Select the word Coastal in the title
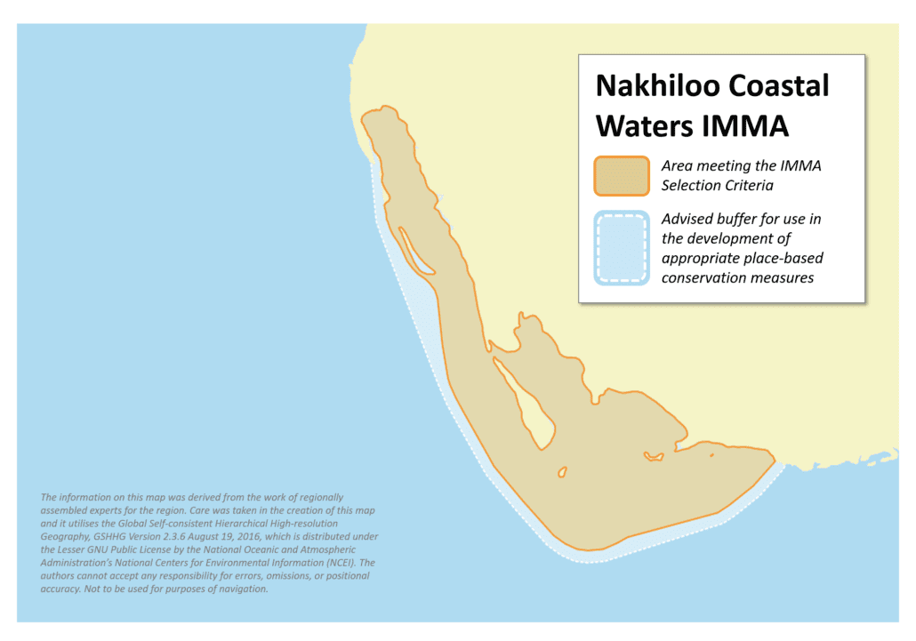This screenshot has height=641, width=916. (x=779, y=86)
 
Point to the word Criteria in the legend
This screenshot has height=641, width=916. (x=746, y=185)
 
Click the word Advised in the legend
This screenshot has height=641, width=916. (x=687, y=219)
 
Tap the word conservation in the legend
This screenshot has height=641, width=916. (x=703, y=277)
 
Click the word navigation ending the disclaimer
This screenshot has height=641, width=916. (x=240, y=589)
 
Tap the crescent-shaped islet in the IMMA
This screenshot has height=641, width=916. (x=654, y=456)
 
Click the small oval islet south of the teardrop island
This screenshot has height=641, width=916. (x=562, y=472)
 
